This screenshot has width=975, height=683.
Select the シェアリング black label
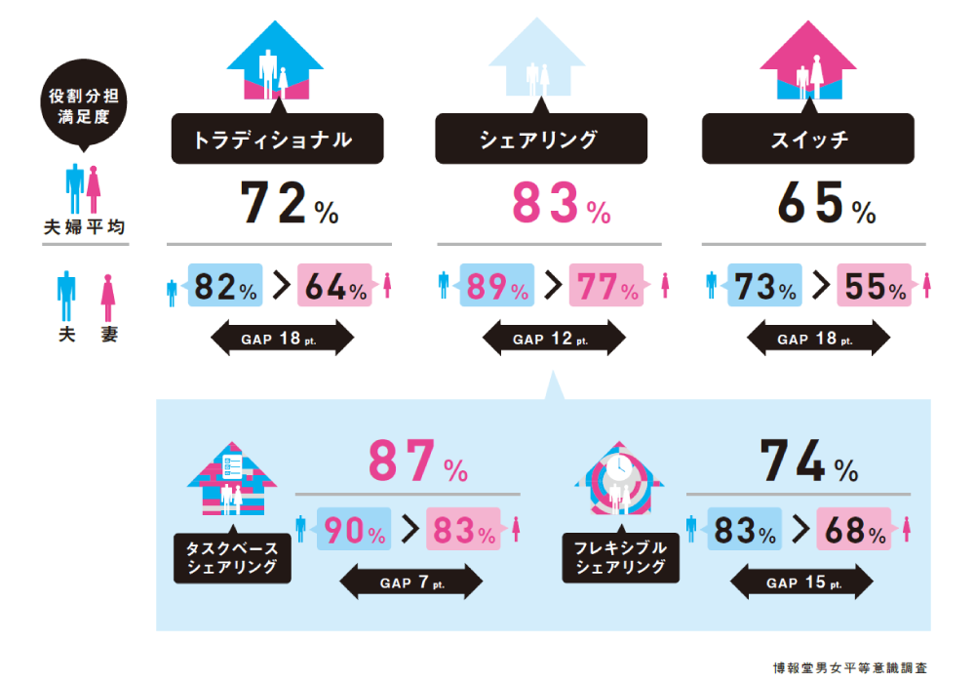tap(539, 140)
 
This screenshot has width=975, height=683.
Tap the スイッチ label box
tap(807, 140)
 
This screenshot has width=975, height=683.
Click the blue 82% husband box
tap(225, 286)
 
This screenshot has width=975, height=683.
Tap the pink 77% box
tap(604, 286)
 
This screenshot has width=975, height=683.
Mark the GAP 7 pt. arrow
tap(410, 583)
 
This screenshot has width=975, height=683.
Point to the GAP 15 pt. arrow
tap(802, 583)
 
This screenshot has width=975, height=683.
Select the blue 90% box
tap(352, 531)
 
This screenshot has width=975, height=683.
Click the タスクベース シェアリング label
tap(232, 557)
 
